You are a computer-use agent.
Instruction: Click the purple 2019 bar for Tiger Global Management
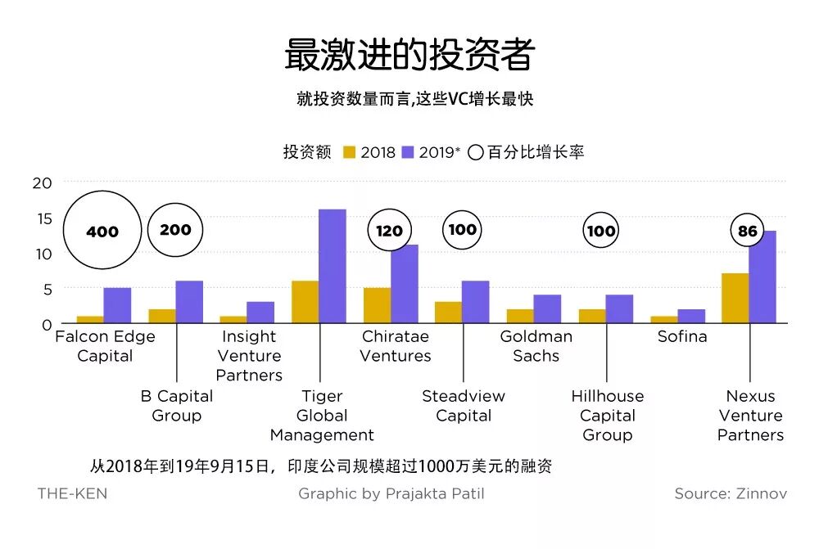pyautogui.click(x=332, y=267)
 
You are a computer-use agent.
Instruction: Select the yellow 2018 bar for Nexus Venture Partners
pyautogui.click(x=735, y=299)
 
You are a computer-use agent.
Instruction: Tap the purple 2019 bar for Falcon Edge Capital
pyautogui.click(x=117, y=306)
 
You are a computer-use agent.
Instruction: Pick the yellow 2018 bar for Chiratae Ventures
pyautogui.click(x=377, y=306)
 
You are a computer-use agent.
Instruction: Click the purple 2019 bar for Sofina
pyautogui.click(x=691, y=317)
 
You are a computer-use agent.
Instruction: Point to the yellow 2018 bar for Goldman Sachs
pyautogui.click(x=520, y=317)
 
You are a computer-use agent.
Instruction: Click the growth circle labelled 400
pyautogui.click(x=102, y=231)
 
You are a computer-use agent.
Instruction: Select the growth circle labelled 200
pyautogui.click(x=175, y=230)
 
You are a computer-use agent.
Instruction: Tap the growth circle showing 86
pyautogui.click(x=748, y=231)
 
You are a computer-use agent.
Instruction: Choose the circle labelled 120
pyautogui.click(x=390, y=231)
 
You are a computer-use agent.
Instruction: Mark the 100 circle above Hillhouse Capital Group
pyautogui.click(x=601, y=231)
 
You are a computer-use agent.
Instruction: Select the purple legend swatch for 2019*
pyautogui.click(x=408, y=152)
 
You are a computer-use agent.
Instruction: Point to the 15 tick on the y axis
pyautogui.click(x=42, y=218)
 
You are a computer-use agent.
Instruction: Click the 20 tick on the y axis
pyautogui.click(x=42, y=182)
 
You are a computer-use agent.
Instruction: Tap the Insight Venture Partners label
pyautogui.click(x=249, y=356)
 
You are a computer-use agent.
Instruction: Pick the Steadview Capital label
pyautogui.click(x=464, y=406)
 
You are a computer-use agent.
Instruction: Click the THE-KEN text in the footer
pyautogui.click(x=72, y=493)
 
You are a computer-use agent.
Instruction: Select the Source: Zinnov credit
pyautogui.click(x=730, y=493)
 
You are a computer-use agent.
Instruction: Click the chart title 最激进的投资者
pyautogui.click(x=409, y=55)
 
